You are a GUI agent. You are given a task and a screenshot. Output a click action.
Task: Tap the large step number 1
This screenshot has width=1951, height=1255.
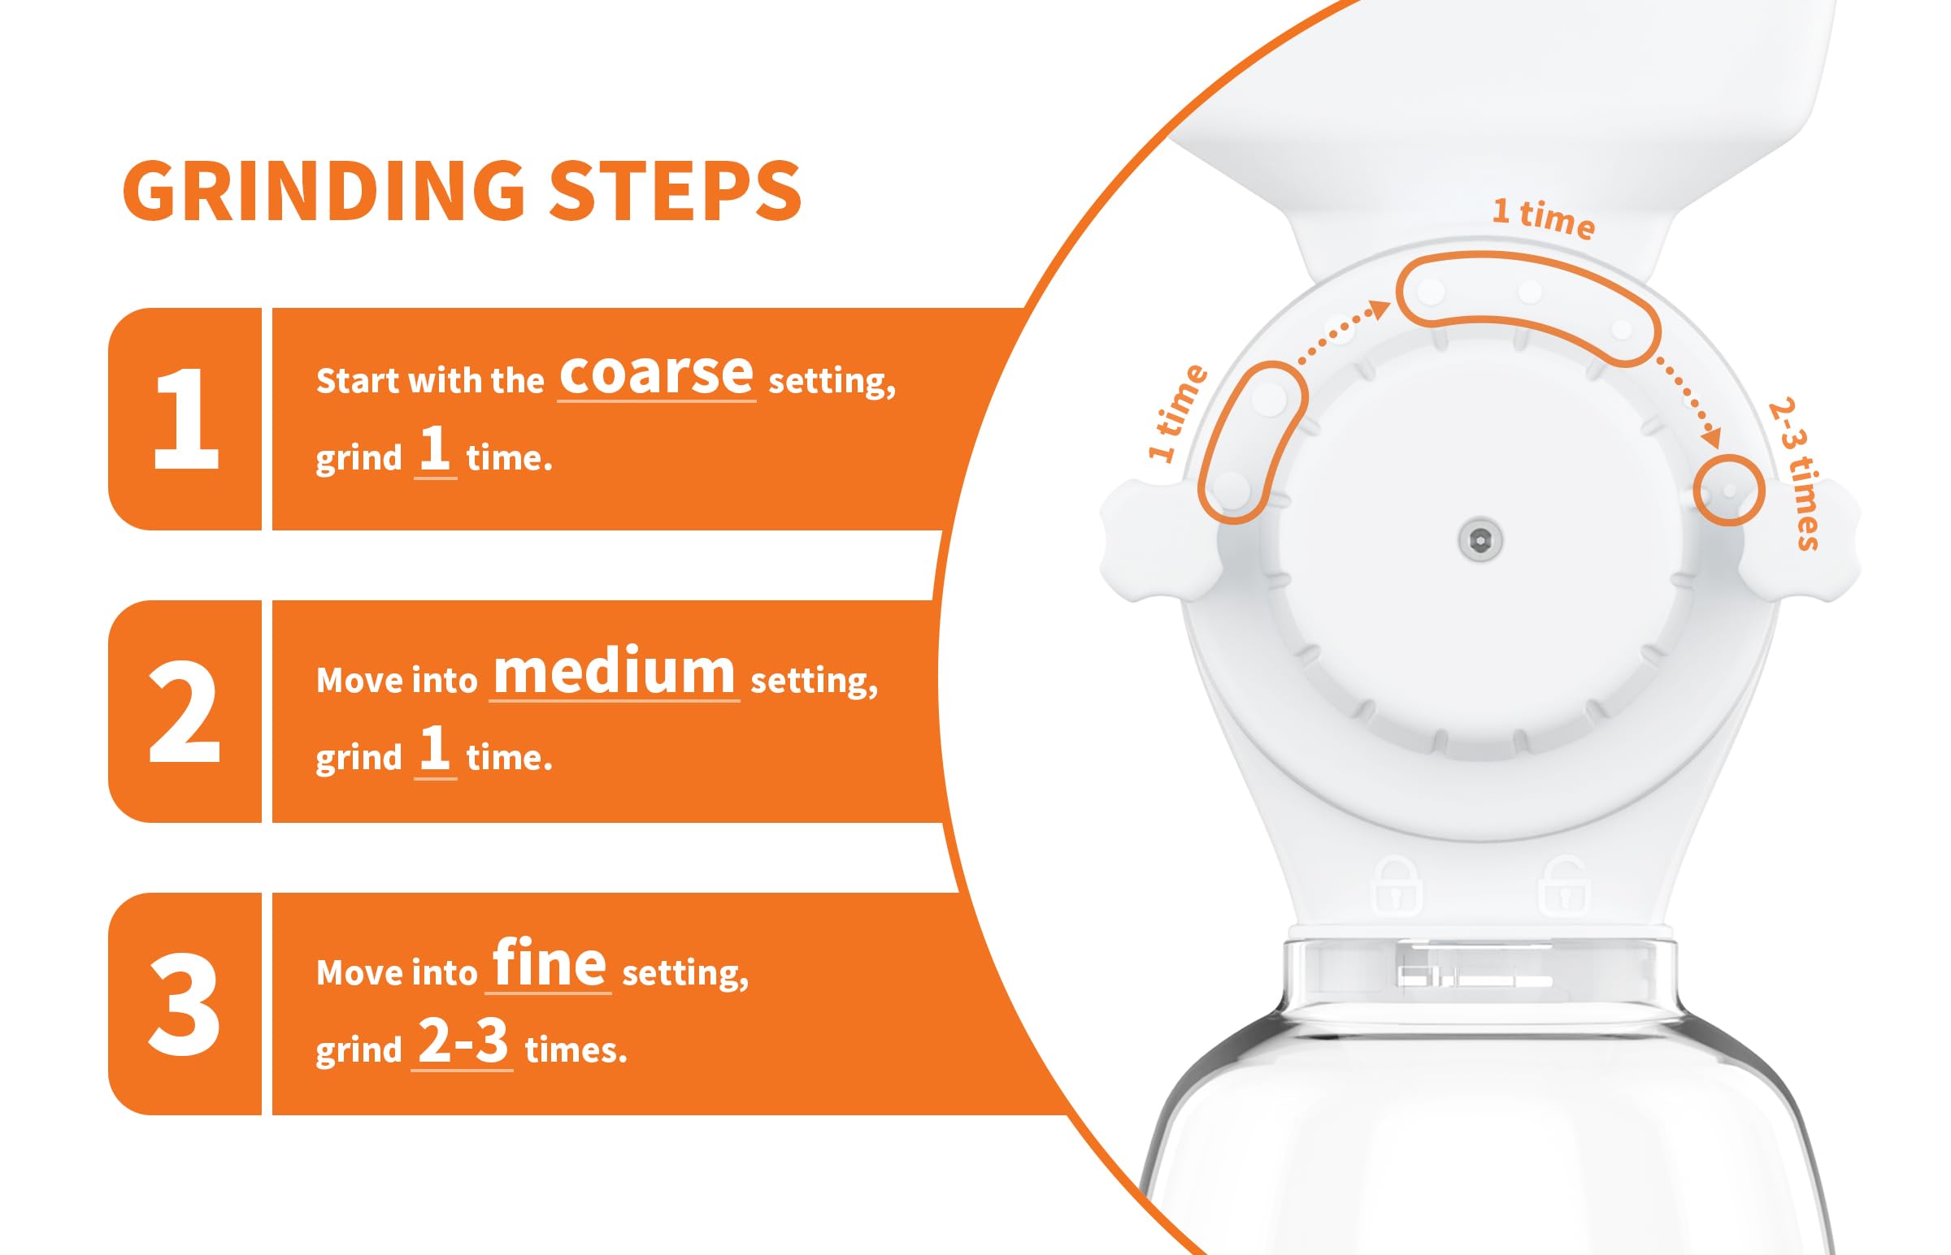(187, 419)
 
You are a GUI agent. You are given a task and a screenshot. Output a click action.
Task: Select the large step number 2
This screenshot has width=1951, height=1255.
(185, 712)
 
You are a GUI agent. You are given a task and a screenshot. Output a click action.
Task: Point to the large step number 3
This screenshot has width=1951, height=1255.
(185, 1003)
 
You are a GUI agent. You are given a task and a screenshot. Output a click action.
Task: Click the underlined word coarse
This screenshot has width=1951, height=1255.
(656, 374)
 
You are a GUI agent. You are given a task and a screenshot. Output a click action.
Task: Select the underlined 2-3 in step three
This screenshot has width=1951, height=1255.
(463, 1041)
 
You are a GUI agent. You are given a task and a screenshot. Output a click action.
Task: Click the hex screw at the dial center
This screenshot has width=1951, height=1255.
(1480, 540)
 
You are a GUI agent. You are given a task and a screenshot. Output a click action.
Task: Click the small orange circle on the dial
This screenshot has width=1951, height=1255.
(1728, 491)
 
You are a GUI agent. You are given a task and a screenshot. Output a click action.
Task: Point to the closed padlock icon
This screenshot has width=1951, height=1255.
(1397, 887)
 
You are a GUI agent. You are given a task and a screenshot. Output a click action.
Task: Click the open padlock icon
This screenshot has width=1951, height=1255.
(1562, 887)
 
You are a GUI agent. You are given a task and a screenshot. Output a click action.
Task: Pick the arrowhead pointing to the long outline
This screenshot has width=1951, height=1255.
(1379, 309)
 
